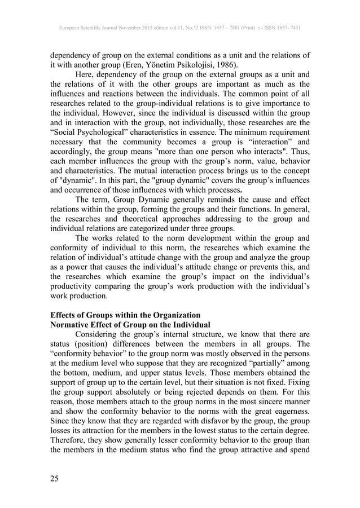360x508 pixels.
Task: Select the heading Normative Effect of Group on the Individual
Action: (130, 325)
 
